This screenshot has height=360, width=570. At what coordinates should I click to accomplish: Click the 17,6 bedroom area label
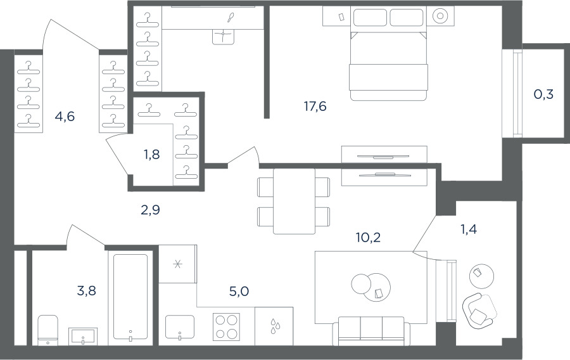(315, 106)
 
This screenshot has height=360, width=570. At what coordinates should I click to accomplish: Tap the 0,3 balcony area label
(543, 94)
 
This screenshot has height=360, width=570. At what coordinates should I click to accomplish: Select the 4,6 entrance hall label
(65, 117)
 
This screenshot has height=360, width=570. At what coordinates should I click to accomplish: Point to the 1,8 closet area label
(151, 155)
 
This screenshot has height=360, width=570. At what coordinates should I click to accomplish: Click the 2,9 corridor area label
(150, 210)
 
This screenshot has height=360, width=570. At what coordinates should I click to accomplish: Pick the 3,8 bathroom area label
(87, 291)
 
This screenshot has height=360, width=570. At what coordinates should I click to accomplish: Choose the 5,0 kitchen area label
(239, 292)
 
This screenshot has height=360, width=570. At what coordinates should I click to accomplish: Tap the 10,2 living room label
(368, 238)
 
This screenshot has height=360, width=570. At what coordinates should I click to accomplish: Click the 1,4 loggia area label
(469, 229)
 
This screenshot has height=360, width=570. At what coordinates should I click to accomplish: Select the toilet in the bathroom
(48, 330)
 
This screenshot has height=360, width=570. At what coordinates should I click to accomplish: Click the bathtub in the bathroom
(130, 298)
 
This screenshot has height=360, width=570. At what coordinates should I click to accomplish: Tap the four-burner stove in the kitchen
(227, 327)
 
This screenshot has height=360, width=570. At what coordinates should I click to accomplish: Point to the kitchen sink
(180, 327)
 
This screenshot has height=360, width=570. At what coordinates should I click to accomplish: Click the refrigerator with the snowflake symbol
(178, 264)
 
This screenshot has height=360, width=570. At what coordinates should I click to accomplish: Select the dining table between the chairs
(294, 201)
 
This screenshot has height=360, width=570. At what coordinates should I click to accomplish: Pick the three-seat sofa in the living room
(371, 331)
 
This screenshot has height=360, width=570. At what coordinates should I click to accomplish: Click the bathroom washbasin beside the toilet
(83, 336)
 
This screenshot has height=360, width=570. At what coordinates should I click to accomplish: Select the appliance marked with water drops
(274, 326)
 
